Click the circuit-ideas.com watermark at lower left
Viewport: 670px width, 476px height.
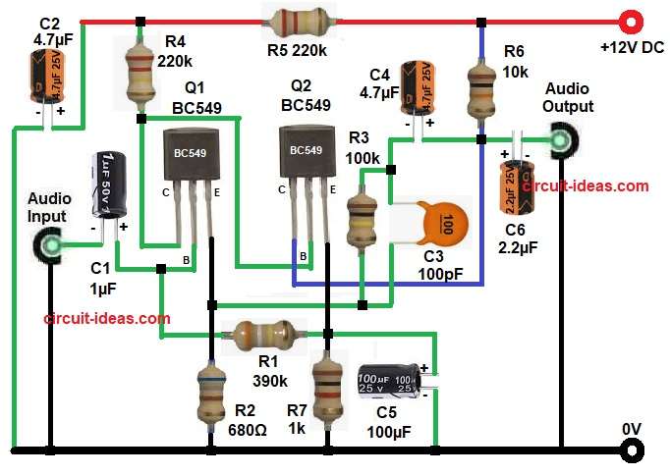(x=107, y=318)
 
